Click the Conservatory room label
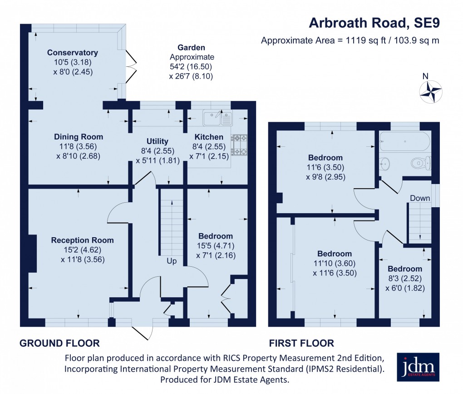72,53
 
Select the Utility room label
157,141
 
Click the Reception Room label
82,240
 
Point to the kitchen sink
218,118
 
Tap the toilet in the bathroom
420,162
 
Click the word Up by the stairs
172,261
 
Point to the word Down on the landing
420,198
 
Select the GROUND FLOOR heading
59,343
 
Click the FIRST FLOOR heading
302,343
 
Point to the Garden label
191,47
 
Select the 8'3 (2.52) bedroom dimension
404,279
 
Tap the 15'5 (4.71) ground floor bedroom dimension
216,246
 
